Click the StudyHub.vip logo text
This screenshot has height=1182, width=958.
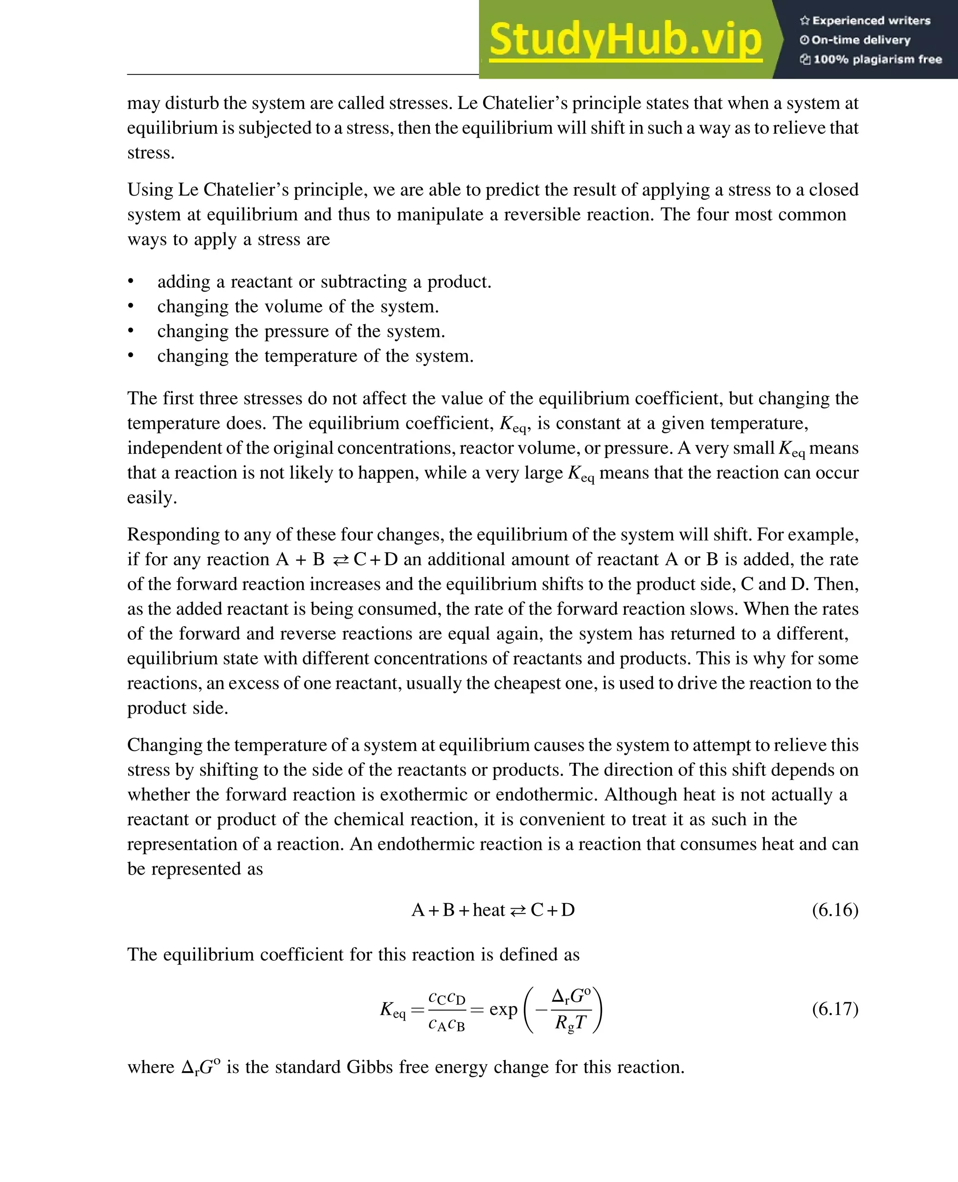[625, 40]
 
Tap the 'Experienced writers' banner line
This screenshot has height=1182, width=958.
[865, 21]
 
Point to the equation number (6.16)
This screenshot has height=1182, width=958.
[835, 909]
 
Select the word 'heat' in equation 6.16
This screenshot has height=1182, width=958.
[488, 910]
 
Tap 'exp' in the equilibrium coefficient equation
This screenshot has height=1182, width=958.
[503, 1009]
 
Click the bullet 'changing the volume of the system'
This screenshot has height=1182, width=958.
[298, 306]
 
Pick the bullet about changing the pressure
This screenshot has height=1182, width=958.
[301, 331]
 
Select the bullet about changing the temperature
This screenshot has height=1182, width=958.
[315, 356]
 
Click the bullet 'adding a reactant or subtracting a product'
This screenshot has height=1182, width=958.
[324, 282]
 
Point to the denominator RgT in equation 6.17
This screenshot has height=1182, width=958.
[571, 1023]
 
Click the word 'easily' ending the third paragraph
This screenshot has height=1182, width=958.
[151, 498]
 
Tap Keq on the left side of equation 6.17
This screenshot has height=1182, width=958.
[392, 1010]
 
